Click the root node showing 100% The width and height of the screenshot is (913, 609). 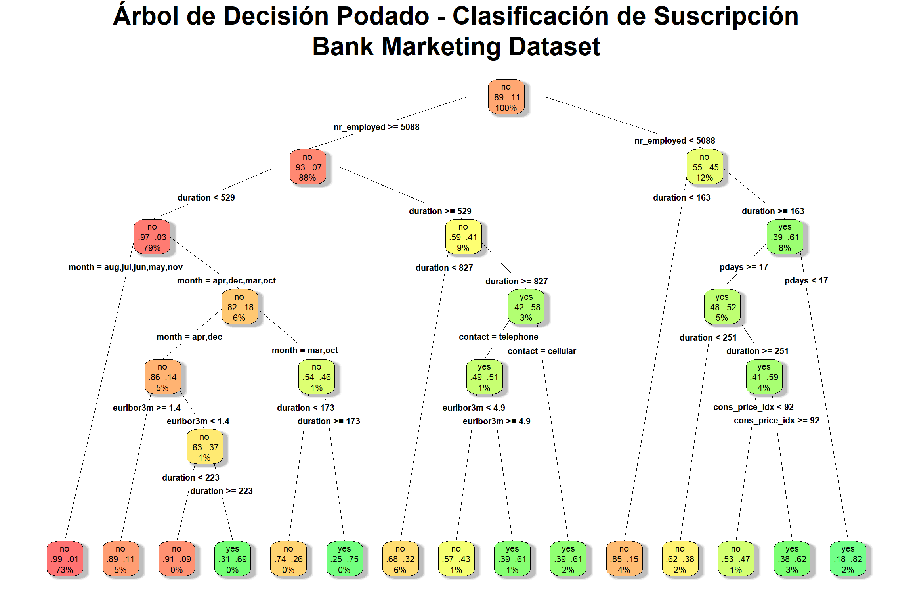(x=506, y=97)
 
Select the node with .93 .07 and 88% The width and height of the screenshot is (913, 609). (x=308, y=167)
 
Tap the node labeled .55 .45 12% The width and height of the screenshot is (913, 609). (x=705, y=167)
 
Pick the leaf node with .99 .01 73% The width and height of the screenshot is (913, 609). (x=65, y=559)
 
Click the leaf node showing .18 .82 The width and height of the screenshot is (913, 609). (x=848, y=559)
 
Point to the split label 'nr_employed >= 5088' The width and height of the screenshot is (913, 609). (x=376, y=127)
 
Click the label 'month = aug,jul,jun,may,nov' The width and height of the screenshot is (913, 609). (x=126, y=267)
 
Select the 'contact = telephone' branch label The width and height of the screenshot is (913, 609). (x=499, y=337)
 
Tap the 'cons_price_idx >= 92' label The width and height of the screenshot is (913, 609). (x=776, y=421)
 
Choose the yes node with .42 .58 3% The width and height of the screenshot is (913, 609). (x=526, y=307)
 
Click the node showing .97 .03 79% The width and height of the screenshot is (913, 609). (x=152, y=237)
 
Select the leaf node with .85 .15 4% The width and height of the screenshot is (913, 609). (x=624, y=559)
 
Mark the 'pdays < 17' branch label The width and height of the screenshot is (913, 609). (x=806, y=281)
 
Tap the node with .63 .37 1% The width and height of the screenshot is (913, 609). (x=204, y=447)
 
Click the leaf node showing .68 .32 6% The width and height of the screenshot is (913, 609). (x=400, y=559)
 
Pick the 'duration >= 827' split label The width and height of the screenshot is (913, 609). (x=516, y=282)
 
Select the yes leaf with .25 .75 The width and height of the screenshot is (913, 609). (x=344, y=559)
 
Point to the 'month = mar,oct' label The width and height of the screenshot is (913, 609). (x=305, y=350)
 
